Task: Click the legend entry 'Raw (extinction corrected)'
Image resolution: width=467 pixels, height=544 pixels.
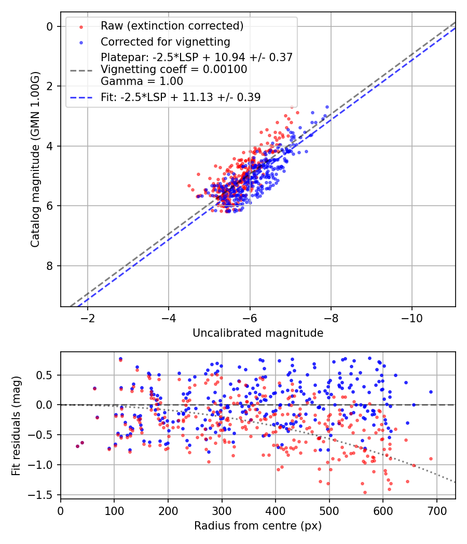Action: [172, 26]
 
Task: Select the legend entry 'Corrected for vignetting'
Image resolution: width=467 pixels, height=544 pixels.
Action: [165, 41]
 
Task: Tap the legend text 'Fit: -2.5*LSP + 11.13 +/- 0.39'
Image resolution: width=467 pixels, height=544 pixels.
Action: [181, 97]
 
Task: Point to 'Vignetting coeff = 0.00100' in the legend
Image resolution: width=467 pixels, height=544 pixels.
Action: [174, 69]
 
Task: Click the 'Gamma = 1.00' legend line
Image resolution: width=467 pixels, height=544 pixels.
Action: [142, 81]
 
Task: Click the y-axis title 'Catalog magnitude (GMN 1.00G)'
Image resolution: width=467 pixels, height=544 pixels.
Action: [35, 159]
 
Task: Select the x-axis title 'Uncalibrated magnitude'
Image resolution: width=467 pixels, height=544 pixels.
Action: [258, 333]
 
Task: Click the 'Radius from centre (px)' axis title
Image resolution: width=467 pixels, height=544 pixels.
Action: [258, 525]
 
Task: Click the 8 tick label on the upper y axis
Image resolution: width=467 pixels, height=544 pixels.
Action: [50, 266]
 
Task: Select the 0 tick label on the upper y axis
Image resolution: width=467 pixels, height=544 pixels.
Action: [50, 26]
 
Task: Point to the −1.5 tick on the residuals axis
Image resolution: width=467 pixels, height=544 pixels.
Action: [45, 495]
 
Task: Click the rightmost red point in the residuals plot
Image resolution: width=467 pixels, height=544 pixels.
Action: [431, 459]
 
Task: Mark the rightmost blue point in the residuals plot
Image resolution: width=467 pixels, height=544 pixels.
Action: [431, 392]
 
